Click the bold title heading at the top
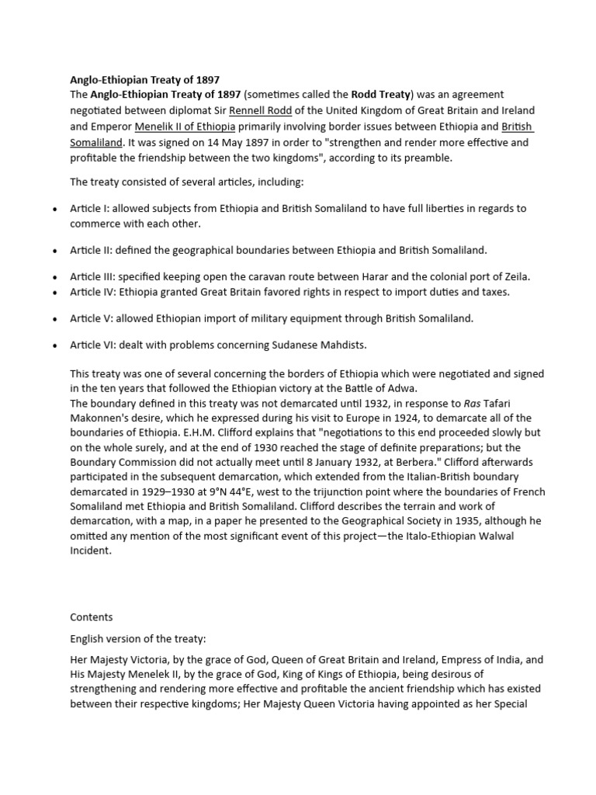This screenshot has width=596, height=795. pyautogui.click(x=145, y=79)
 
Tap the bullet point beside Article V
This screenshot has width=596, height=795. pyautogui.click(x=54, y=319)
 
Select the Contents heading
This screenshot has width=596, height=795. pyautogui.click(x=92, y=617)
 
